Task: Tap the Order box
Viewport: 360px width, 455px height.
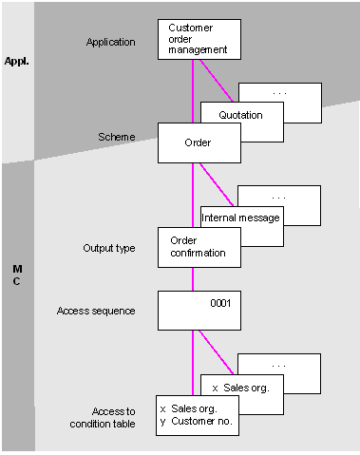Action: coord(199,142)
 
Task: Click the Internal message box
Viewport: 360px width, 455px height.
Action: coord(241,218)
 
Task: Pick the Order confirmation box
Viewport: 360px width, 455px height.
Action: coord(199,246)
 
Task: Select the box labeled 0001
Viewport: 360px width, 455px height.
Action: coord(199,310)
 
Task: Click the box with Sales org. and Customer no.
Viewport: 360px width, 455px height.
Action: coord(199,414)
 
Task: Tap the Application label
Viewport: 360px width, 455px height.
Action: coord(111,43)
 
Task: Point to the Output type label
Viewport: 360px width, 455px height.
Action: coord(109,249)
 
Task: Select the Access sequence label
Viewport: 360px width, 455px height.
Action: coord(97,311)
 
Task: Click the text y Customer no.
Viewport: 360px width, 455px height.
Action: coord(197,421)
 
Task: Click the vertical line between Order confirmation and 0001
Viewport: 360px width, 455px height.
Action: coord(194,278)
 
